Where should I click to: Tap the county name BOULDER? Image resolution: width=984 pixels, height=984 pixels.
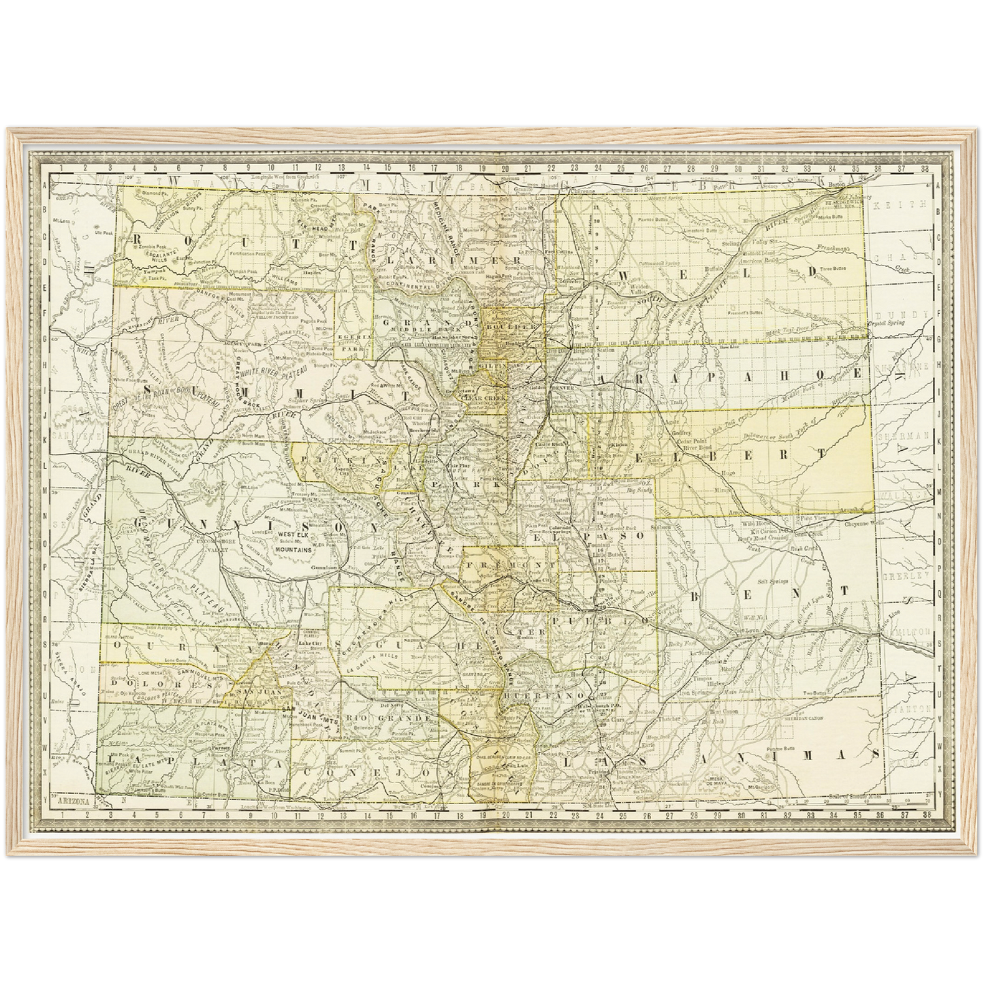[510, 328]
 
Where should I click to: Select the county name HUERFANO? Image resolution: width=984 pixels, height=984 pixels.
[544, 695]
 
